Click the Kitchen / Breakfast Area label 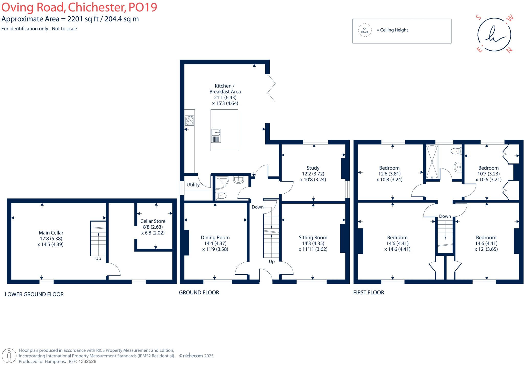pyautogui.click(x=225, y=89)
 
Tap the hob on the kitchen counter pyautogui.click(x=190, y=120)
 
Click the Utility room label pyautogui.click(x=193, y=185)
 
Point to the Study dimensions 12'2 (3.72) pyautogui.click(x=313, y=174)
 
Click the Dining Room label pyautogui.click(x=215, y=238)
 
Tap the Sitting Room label pyautogui.click(x=313, y=238)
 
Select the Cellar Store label pyautogui.click(x=153, y=221)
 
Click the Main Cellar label pyautogui.click(x=51, y=233)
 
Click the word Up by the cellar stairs pyautogui.click(x=98, y=259)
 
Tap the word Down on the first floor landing pyautogui.click(x=445, y=216)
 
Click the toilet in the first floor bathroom pyautogui.click(x=456, y=151)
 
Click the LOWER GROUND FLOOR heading pyautogui.click(x=34, y=294)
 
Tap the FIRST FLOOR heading pyautogui.click(x=368, y=293)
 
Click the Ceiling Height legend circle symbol pyautogui.click(x=365, y=30)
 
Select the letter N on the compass pyautogui.click(x=509, y=50)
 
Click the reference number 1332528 pyautogui.click(x=87, y=361)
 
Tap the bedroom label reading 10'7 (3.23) pyautogui.click(x=488, y=174)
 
